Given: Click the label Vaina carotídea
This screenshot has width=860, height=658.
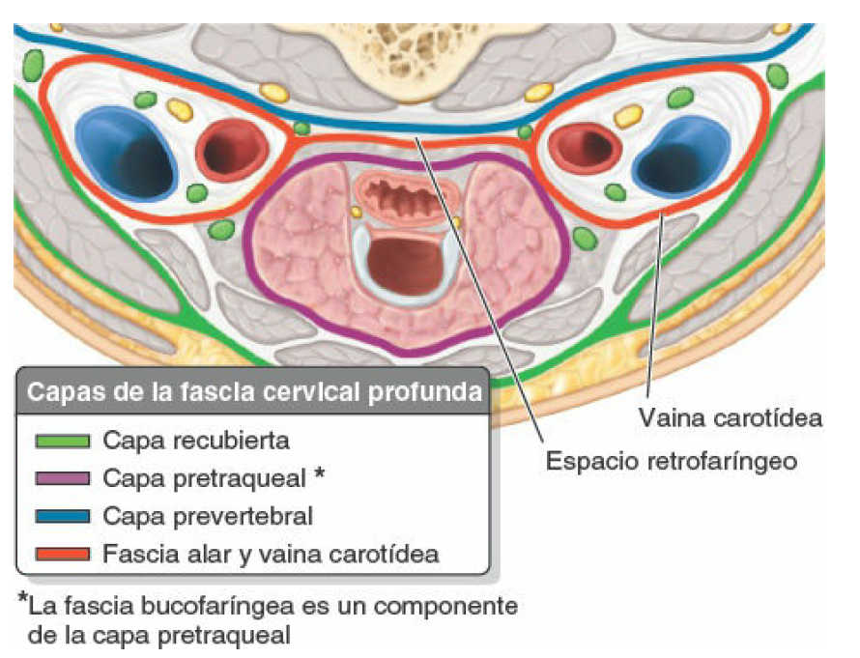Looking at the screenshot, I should pos(731,418).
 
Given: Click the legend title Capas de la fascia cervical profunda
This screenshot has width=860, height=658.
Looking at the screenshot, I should pos(254,393).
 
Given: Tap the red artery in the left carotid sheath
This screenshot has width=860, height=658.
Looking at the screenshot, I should pos(233,150).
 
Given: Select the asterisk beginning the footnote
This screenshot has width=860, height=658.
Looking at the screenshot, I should pos(22,602).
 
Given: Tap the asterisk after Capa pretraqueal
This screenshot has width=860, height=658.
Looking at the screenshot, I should pos(319,476).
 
